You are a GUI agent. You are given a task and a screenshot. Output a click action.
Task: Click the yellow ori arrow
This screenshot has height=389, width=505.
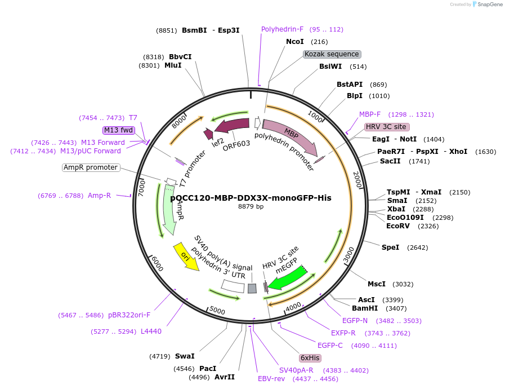(x=186, y=257)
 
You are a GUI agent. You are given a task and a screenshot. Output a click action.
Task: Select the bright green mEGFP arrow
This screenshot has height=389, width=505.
(x=287, y=277)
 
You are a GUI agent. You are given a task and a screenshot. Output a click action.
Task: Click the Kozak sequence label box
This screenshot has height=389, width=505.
(x=332, y=54)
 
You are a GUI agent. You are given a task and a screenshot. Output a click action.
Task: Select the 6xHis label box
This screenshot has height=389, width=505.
(x=310, y=358)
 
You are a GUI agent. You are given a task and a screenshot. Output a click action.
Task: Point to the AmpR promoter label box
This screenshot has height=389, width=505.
(x=91, y=167)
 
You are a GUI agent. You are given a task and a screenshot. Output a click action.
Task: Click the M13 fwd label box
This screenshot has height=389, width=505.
(x=119, y=130)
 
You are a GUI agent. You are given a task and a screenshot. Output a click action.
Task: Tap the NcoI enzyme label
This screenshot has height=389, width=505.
(x=295, y=42)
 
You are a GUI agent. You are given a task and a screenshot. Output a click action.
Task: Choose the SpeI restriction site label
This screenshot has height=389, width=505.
(x=390, y=247)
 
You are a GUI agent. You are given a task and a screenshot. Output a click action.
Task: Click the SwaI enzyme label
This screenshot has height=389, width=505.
(x=185, y=356)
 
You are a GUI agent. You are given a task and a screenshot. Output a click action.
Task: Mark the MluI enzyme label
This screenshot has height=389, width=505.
(x=173, y=65)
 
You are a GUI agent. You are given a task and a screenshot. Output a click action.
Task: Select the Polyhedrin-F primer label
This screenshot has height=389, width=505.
(x=282, y=29)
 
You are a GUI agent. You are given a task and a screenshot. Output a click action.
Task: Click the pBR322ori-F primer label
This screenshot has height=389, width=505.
(x=129, y=315)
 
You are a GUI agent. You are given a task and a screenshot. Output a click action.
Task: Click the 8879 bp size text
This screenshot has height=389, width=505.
(x=251, y=206)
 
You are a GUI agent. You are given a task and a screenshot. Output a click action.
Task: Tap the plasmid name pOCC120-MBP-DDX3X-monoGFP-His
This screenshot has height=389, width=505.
(x=251, y=198)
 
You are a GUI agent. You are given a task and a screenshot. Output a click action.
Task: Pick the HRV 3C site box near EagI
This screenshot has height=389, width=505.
(x=386, y=127)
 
